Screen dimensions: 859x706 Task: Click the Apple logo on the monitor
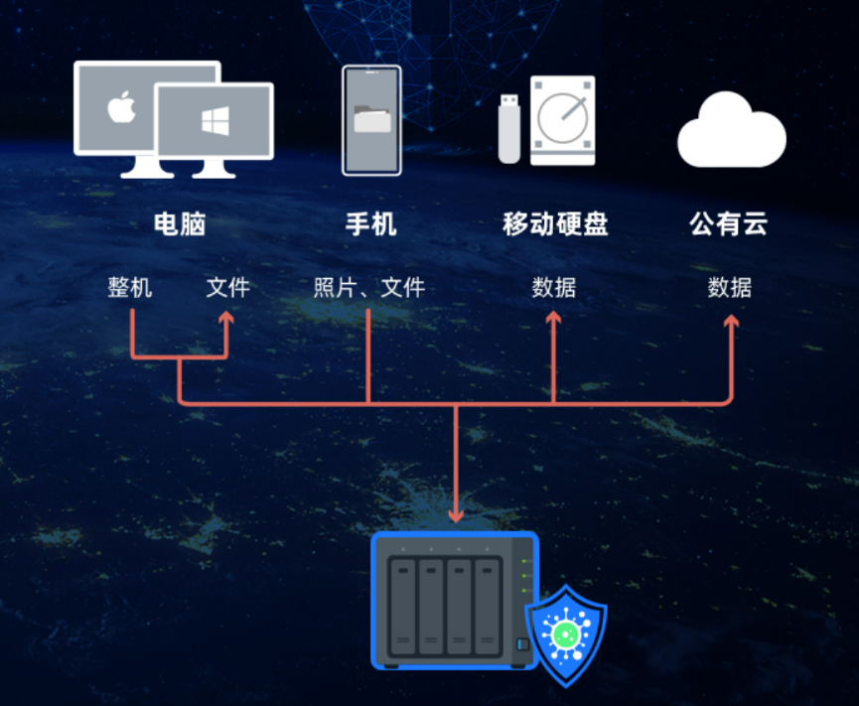(x=121, y=106)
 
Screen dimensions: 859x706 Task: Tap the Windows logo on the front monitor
(x=215, y=121)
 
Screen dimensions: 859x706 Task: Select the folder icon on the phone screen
(x=372, y=119)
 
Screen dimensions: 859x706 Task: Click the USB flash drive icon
(x=508, y=129)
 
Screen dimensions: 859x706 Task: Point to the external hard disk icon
(x=563, y=120)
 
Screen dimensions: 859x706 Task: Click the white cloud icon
(x=731, y=130)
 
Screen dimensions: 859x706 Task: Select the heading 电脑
(x=180, y=224)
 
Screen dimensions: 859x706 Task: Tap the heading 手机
(x=370, y=224)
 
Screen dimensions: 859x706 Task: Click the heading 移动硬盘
(x=555, y=224)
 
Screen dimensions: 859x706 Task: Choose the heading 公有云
(x=729, y=224)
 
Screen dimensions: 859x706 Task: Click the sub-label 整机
(x=130, y=288)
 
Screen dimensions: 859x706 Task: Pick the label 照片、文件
(x=369, y=288)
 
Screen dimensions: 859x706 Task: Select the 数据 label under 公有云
(x=730, y=288)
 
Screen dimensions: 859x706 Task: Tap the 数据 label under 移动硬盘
(x=554, y=288)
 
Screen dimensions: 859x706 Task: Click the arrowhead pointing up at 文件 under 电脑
(x=226, y=317)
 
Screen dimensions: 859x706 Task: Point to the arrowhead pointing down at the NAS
(x=456, y=514)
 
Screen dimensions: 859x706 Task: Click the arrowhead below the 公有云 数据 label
(x=731, y=321)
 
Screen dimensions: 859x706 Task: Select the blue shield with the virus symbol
(x=566, y=635)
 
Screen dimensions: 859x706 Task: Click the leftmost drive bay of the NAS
(x=402, y=607)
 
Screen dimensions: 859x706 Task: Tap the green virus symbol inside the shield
(x=566, y=635)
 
